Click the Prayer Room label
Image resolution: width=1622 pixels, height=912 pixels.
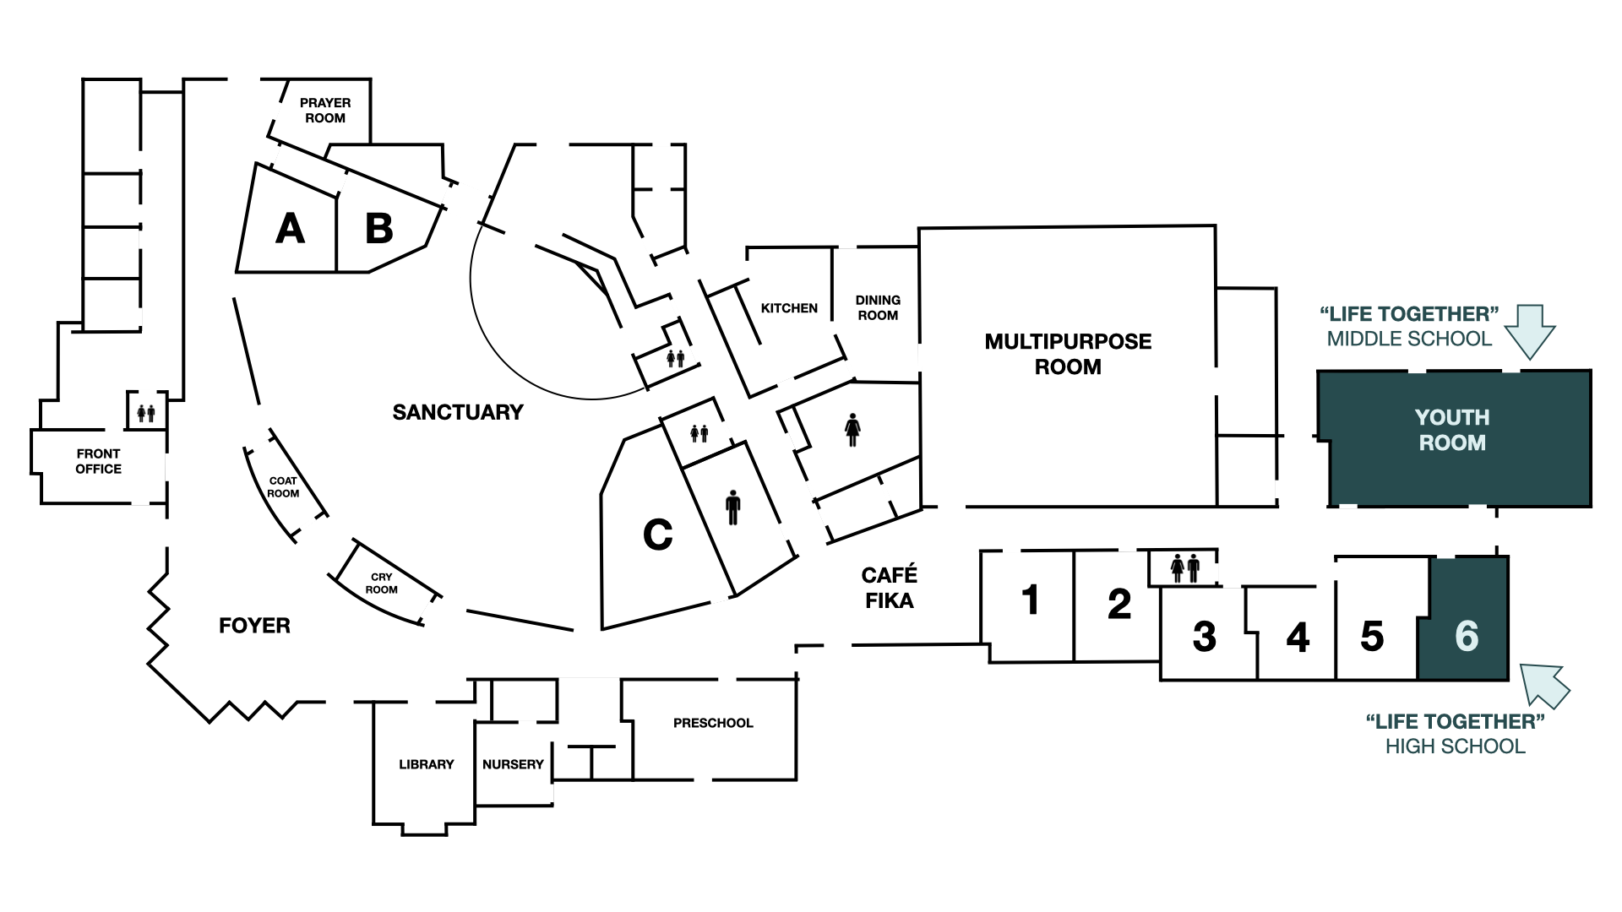pos(325,111)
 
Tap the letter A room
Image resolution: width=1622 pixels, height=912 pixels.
pos(290,229)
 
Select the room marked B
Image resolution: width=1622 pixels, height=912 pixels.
pos(379,229)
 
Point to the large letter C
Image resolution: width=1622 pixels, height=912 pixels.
pos(657,535)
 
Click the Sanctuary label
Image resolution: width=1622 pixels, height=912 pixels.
pos(458,412)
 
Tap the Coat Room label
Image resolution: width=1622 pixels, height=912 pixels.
pos(283,487)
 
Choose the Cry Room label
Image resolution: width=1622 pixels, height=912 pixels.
pos(381,584)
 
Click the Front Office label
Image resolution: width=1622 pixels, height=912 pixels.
pos(98,461)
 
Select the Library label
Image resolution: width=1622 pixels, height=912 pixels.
pos(426,764)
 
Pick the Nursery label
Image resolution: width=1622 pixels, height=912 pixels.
pos(513,764)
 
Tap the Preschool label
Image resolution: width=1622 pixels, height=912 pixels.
pos(713,723)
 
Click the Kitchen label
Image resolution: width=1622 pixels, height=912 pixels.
pos(789,308)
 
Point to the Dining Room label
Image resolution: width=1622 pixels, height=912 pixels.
pos(878,307)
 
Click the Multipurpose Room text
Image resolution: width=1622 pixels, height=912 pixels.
pos(1068,354)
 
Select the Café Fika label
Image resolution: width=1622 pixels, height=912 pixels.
pos(889,588)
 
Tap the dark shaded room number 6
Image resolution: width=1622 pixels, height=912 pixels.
pos(1467,636)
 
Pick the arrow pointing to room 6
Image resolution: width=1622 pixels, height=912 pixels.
pos(1544,684)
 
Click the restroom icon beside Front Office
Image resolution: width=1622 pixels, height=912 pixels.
pos(146,413)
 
